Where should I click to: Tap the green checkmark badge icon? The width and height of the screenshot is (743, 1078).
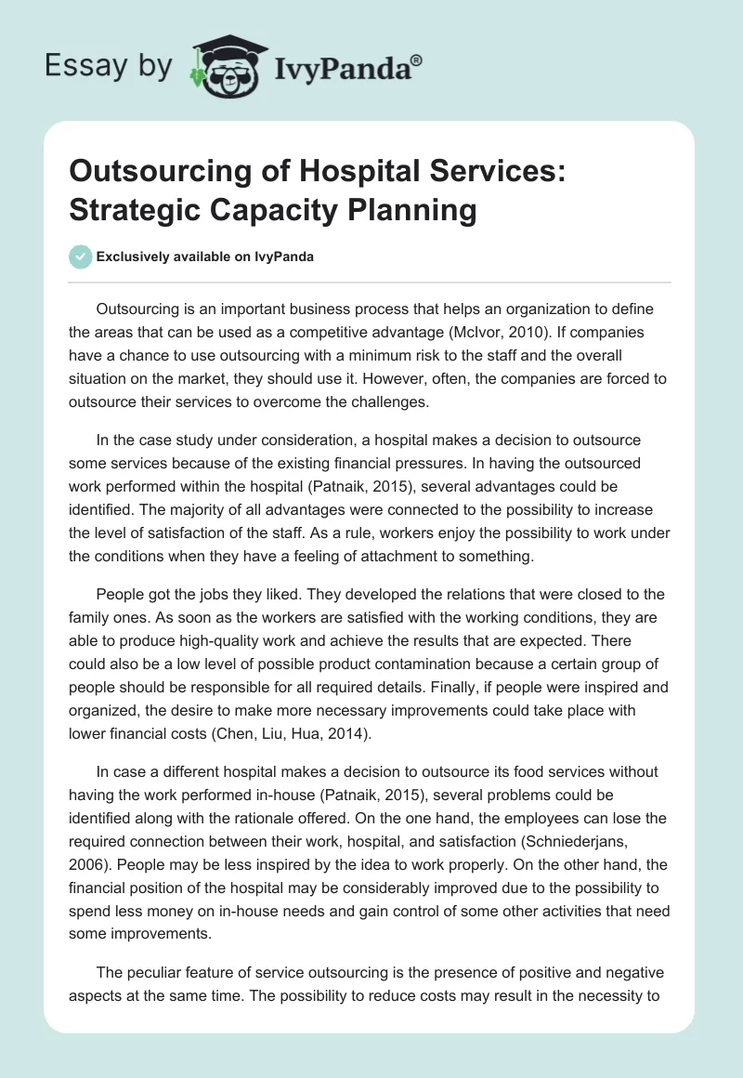(82, 257)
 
